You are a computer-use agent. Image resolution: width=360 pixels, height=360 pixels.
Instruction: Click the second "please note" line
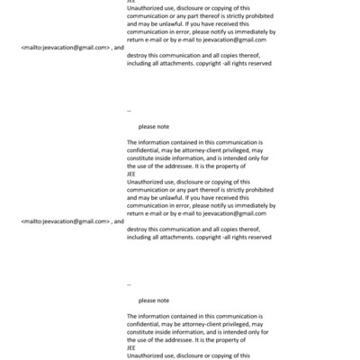coord(153,300)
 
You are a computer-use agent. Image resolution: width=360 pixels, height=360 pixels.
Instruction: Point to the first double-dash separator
coord(130,109)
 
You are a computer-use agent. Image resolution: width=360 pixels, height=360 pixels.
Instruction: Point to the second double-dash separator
coord(130,283)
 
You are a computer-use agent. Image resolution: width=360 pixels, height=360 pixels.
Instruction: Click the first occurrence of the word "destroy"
coord(139,53)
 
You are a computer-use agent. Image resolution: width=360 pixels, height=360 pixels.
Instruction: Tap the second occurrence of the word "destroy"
coord(139,229)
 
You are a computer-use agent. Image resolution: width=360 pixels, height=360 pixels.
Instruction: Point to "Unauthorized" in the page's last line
coord(148,355)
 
